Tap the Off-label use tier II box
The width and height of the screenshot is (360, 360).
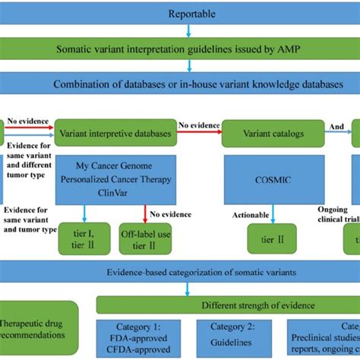[145, 220]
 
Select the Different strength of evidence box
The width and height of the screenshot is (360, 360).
[228, 306]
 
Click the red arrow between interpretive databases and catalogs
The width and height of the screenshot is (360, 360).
[198, 133]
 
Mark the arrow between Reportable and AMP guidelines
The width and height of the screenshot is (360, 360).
[187, 31]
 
